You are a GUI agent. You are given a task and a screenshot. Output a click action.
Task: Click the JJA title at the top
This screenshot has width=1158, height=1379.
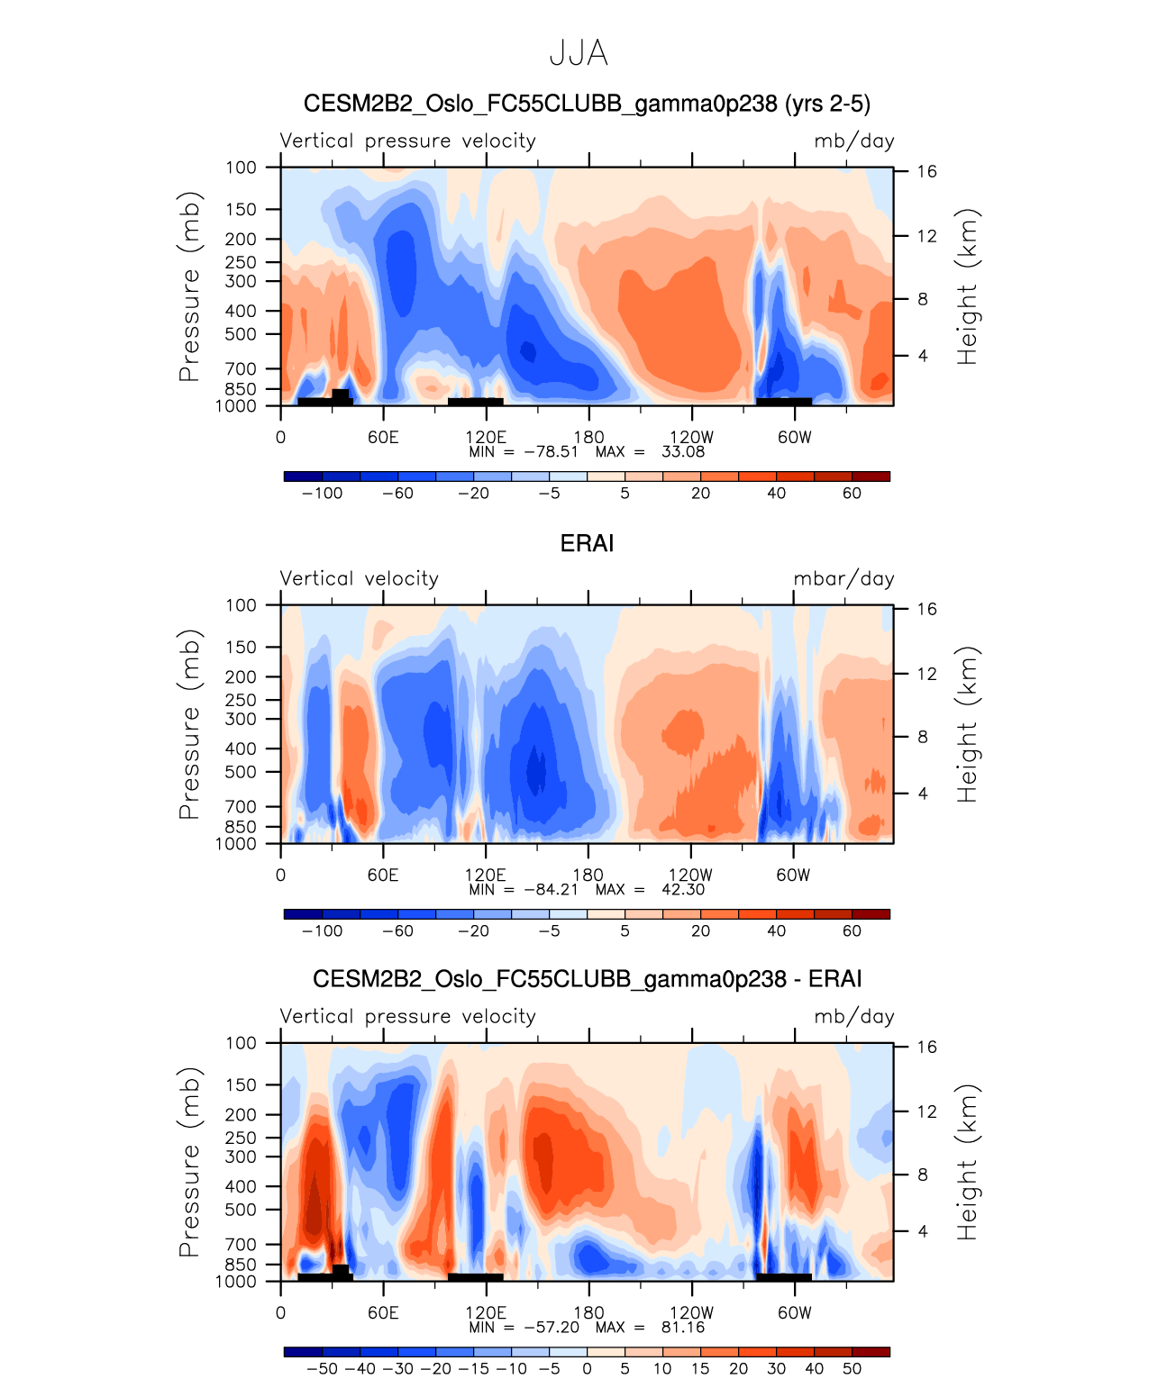[x=579, y=54]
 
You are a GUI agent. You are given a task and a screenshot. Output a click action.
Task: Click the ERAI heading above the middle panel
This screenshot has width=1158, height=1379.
[x=587, y=544]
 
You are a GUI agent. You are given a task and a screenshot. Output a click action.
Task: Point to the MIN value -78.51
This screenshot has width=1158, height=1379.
[x=551, y=452]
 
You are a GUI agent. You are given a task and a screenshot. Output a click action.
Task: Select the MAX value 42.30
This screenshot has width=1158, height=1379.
[x=683, y=890]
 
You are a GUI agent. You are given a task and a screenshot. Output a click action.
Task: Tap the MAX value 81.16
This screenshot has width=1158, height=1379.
[x=683, y=1328]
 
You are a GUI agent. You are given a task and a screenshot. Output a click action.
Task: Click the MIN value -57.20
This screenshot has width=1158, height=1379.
[x=551, y=1328]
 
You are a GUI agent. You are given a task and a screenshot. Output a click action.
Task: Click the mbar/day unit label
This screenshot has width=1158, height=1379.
[x=843, y=579]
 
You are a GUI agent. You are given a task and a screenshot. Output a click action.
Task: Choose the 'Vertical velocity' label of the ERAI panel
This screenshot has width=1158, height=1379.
[x=360, y=579]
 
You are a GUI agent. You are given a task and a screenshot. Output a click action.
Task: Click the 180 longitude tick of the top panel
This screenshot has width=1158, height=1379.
[x=588, y=438]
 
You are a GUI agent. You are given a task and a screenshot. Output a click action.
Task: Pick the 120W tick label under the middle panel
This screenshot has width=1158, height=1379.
[x=691, y=875]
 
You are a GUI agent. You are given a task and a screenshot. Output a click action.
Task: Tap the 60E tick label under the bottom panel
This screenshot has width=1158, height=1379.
[x=383, y=1313]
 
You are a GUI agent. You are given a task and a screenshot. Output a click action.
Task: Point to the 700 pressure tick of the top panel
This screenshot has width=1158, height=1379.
[x=242, y=369]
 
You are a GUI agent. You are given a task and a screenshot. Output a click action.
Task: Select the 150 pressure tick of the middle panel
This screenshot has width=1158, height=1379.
[x=242, y=648]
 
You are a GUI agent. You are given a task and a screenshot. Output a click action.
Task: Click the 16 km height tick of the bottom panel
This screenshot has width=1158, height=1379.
[x=927, y=1048]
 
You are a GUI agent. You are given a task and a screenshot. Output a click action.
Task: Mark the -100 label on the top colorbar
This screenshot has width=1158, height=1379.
[x=322, y=494]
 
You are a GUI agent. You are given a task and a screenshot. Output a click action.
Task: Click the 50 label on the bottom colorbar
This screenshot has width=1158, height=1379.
[x=852, y=1369]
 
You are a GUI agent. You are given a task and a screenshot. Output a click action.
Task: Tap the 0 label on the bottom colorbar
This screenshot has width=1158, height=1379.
[x=587, y=1369]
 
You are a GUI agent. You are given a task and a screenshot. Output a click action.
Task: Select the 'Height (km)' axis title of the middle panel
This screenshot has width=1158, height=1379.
[x=967, y=724]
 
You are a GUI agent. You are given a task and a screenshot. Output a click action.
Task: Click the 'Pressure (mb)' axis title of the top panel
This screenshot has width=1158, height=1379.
[x=188, y=286]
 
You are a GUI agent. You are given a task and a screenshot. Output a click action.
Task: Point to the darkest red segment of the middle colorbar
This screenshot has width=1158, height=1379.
[x=871, y=914]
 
